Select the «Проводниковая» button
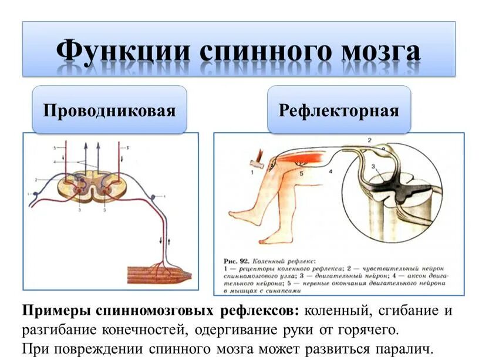pyautogui.click(x=109, y=110)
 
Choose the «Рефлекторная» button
pyautogui.click(x=339, y=110)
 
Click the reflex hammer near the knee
pyautogui.click(x=255, y=158)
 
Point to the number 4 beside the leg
pyautogui.click(x=330, y=171)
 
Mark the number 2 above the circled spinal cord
pyautogui.click(x=369, y=139)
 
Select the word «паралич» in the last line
pyautogui.click(x=405, y=348)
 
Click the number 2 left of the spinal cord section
pyautogui.click(x=36, y=180)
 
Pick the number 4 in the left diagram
pyautogui.click(x=54, y=162)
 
